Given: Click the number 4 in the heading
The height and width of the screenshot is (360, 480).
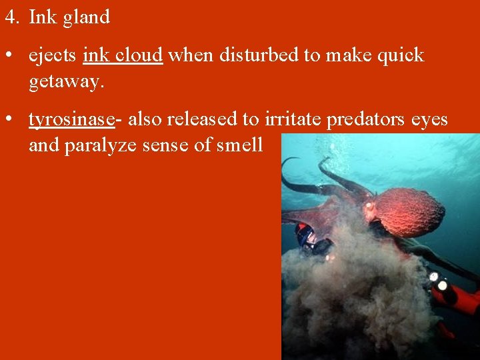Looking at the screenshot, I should pos(9,17).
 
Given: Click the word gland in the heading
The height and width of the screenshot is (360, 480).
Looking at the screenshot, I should pos(85,18).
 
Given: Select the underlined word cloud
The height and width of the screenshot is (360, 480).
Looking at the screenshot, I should pos(139,55).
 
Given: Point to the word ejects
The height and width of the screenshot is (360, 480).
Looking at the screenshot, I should pos(53,56).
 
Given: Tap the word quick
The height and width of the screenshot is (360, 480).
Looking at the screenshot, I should pos(401,56).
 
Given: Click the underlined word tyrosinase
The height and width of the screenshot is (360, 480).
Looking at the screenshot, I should pos(71,119).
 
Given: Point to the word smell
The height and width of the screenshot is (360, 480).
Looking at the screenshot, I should pos(240,145).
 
